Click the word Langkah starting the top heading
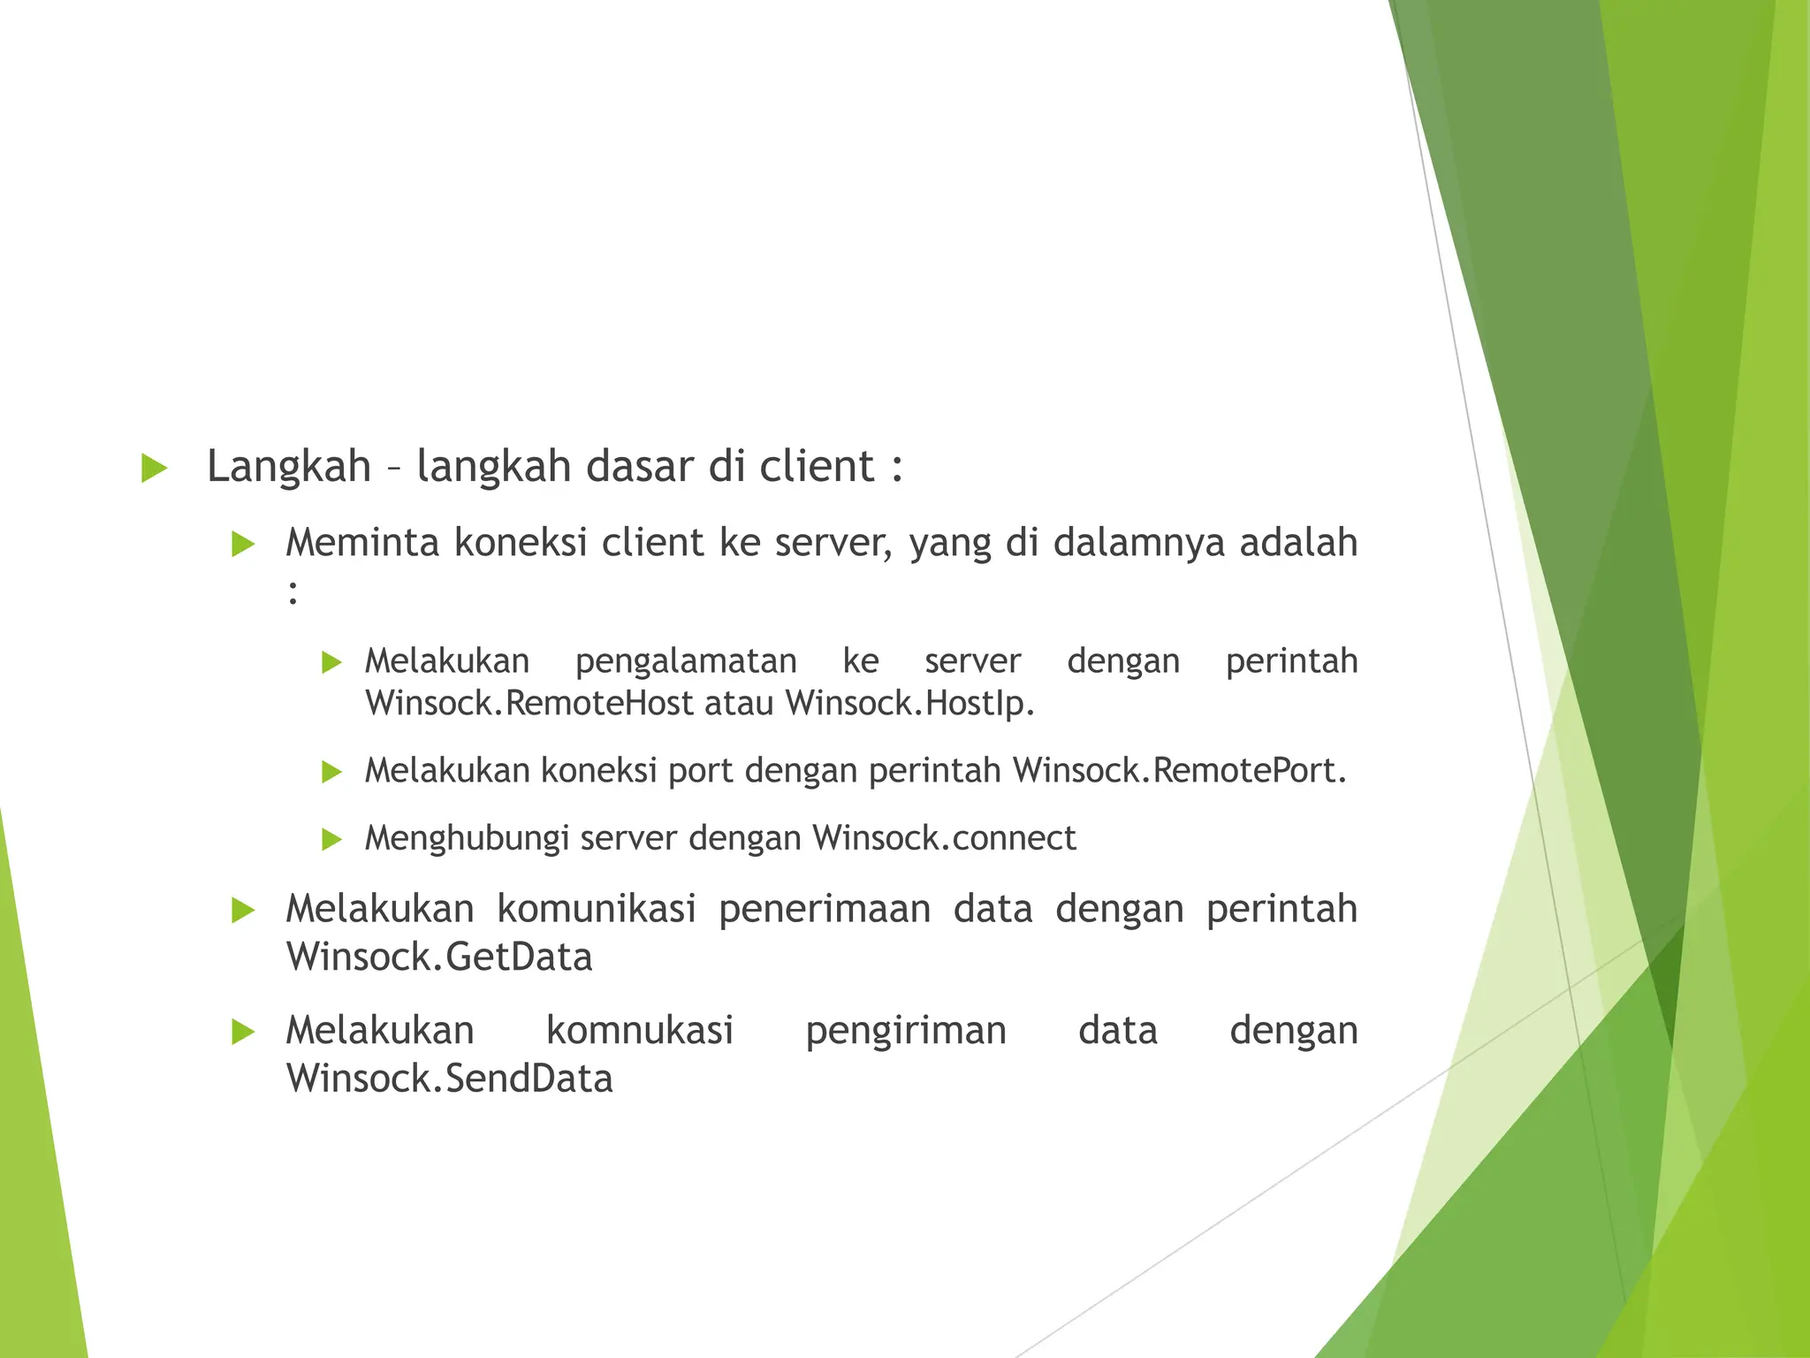coord(288,467)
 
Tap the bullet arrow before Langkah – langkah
coord(154,469)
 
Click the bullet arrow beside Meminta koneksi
coord(242,545)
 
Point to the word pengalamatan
coord(686,661)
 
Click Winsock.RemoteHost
coord(529,704)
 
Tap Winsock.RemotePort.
coord(1179,771)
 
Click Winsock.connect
coord(944,838)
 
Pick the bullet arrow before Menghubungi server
coord(331,839)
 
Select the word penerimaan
coord(824,909)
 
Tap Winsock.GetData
coord(439,957)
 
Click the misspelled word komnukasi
coord(640,1031)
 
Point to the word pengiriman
coord(906,1031)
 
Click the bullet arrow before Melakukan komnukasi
coord(242,1032)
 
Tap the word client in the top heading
coord(817,467)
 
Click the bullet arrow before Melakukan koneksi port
coord(331,772)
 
